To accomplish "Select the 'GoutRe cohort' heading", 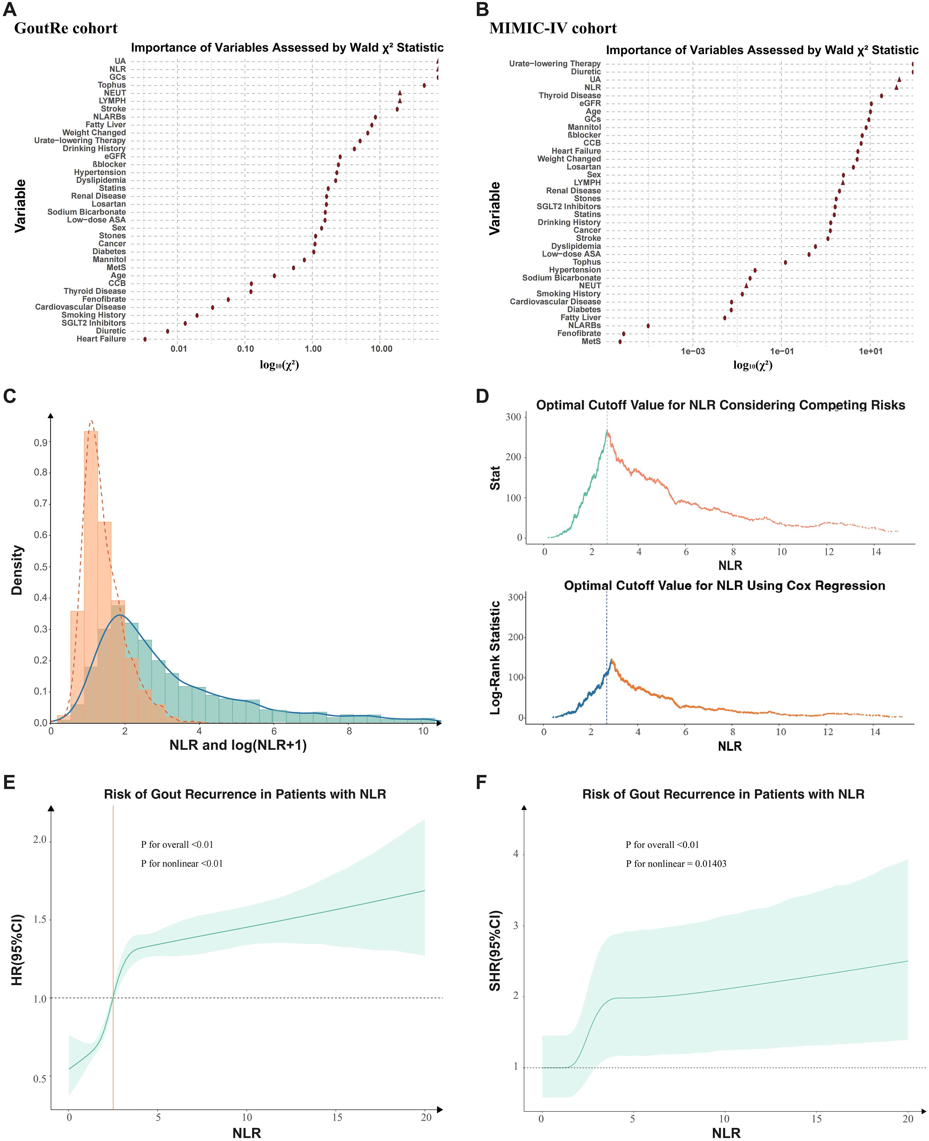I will click(66, 28).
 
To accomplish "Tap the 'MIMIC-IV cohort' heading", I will click(553, 28).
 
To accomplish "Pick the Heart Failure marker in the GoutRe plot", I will click(145, 339).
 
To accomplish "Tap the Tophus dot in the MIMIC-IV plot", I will click(785, 262).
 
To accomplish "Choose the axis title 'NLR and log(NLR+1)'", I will click(238, 745).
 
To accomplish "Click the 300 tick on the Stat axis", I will click(513, 417).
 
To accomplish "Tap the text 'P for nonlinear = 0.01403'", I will click(676, 864).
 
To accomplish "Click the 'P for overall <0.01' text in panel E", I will click(177, 845).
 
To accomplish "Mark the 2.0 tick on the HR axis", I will click(40, 839).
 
